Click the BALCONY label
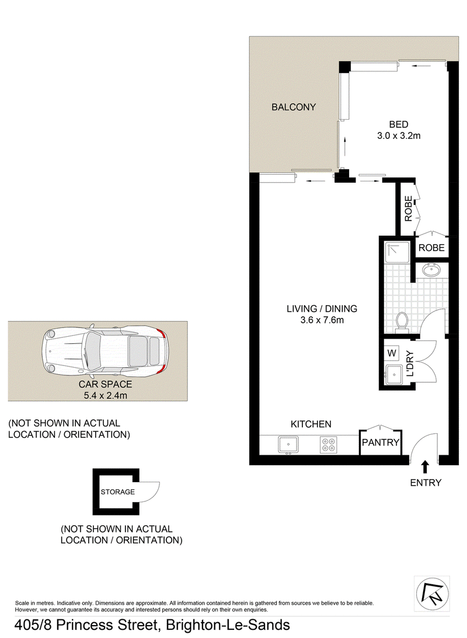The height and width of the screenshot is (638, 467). pyautogui.click(x=294, y=107)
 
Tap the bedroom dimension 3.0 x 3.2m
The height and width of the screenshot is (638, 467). pyautogui.click(x=399, y=135)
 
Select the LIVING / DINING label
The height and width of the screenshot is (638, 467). pyautogui.click(x=322, y=309)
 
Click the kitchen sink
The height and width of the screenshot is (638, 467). pyautogui.click(x=287, y=445)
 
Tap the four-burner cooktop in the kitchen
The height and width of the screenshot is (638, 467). pyautogui.click(x=329, y=445)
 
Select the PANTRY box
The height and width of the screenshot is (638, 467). pyautogui.click(x=381, y=442)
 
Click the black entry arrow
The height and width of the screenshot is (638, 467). pyautogui.click(x=425, y=466)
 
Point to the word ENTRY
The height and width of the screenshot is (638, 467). pyautogui.click(x=426, y=482)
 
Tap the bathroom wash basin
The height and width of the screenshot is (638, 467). pyautogui.click(x=432, y=271)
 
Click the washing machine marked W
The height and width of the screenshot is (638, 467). pyautogui.click(x=391, y=353)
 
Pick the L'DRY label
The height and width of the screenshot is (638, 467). pyautogui.click(x=410, y=364)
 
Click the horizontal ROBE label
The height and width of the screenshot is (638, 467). pyautogui.click(x=431, y=247)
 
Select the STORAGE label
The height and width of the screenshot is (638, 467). pyautogui.click(x=117, y=491)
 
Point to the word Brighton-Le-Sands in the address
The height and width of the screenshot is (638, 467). pyautogui.click(x=228, y=625)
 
